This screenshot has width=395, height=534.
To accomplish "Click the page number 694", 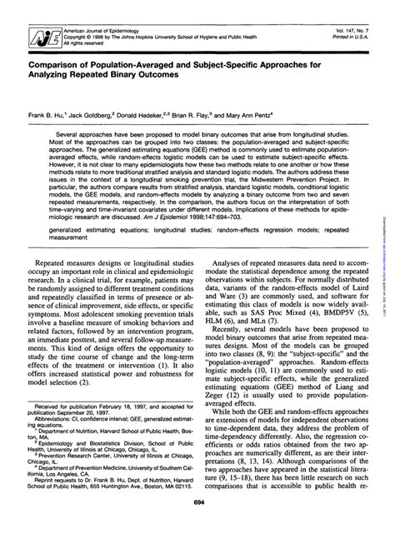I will tap(198, 526).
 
